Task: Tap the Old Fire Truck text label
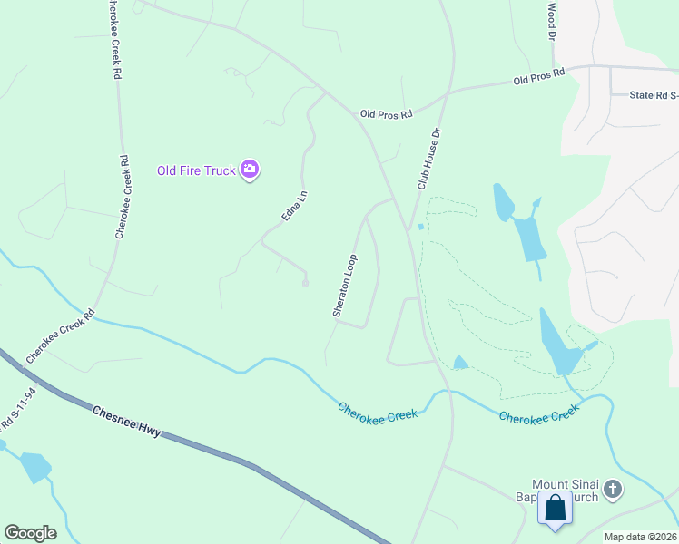coord(196,170)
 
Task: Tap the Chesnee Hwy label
coord(126,422)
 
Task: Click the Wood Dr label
coord(551,21)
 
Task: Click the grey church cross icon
coord(613,491)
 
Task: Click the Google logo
coord(30,533)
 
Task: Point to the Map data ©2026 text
coord(639,537)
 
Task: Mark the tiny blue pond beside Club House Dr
coord(420,227)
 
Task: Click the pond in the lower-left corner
coord(35,466)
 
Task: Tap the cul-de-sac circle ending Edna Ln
coord(306,284)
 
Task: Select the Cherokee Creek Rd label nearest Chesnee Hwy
coord(61,336)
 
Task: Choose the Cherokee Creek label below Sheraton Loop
coord(378,411)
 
